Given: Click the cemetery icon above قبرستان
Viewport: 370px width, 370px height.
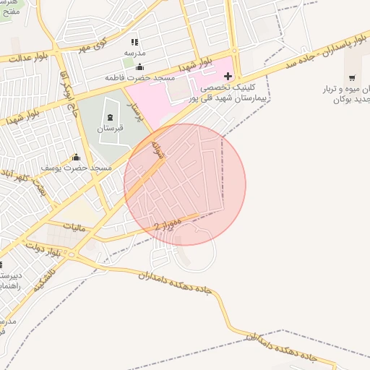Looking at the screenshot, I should tap(110, 118).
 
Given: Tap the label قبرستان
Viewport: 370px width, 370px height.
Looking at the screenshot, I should tap(111, 128).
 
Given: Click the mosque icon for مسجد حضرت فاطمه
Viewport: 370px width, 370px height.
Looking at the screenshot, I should tap(139, 67).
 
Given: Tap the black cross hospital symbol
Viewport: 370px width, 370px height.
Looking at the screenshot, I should tap(228, 76).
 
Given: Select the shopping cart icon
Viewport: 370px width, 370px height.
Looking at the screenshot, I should tap(352, 77).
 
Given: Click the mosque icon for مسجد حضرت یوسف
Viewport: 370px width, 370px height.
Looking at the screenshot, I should tap(76, 158).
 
